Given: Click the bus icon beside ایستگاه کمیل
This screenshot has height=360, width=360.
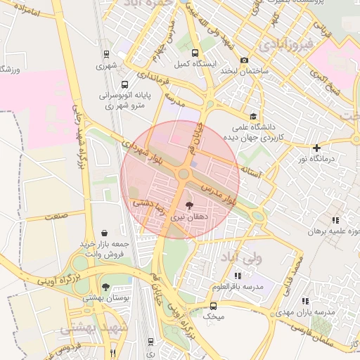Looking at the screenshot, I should (x=194, y=52).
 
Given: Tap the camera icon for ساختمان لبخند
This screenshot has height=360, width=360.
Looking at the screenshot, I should (x=244, y=60).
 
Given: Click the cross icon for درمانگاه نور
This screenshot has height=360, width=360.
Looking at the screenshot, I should (x=317, y=148).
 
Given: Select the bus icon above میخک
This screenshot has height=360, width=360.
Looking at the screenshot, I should (x=214, y=306).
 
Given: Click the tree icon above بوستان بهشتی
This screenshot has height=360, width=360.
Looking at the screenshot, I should (x=105, y=287).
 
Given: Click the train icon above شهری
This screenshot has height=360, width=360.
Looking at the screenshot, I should (x=105, y=53).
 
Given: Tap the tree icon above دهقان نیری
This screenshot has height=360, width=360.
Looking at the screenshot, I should (x=189, y=205).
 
